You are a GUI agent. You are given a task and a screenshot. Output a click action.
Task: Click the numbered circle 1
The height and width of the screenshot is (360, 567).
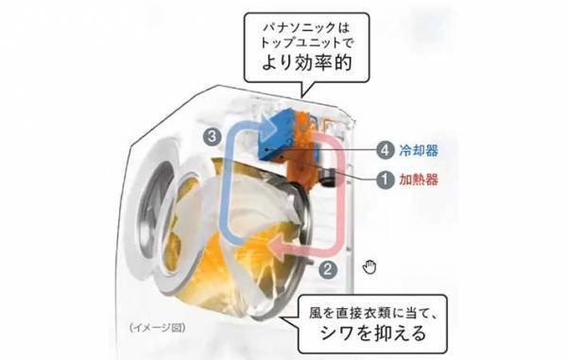385,177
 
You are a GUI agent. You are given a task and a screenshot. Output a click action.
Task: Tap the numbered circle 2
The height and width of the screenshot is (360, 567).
327,267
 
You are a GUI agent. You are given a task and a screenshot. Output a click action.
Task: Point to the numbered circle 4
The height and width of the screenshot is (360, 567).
385,149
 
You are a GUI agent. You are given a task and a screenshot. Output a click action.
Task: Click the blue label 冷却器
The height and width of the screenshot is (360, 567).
420,149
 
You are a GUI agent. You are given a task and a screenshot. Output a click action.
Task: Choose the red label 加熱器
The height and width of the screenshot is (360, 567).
420,177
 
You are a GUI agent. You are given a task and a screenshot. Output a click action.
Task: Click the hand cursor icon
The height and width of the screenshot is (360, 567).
369,266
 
